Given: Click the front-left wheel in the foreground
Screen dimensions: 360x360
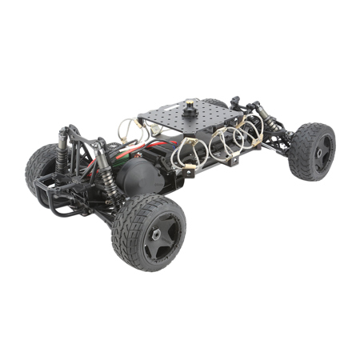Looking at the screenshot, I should coord(149,231).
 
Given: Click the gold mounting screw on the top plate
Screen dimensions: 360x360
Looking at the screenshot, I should coord(191,105).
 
